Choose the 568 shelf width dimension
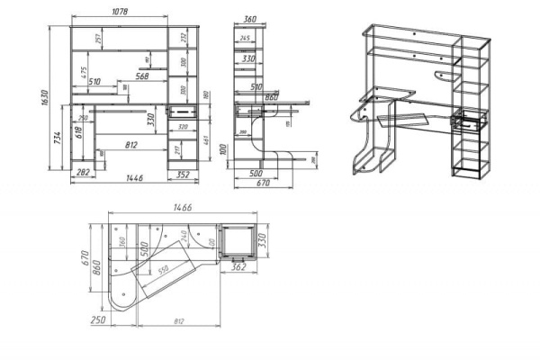pos(136,76)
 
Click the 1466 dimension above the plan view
pos(175,207)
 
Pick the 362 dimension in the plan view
pos(238,267)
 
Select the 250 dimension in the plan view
pos(98,319)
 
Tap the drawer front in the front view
pos(184,111)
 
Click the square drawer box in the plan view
pos(239,243)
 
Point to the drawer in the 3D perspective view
pos(470,121)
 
